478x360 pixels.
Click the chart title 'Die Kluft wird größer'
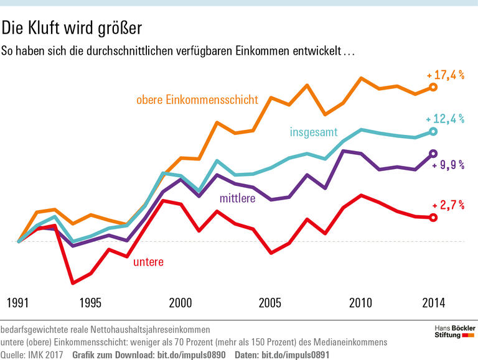(72, 28)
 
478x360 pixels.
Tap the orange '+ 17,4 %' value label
(446, 75)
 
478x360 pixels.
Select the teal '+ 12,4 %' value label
(446, 119)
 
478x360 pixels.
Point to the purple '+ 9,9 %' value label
(448, 165)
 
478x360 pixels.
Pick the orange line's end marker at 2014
(434, 88)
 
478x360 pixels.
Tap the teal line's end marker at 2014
(434, 131)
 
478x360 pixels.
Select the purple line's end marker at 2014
(434, 153)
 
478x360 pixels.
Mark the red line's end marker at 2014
(434, 217)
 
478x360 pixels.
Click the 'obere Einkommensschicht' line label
(197, 99)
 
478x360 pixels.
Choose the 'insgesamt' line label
(314, 132)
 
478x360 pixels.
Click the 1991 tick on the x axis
(19, 303)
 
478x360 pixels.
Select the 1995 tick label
(90, 303)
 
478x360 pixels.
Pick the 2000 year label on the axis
(180, 303)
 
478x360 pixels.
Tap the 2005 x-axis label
(271, 303)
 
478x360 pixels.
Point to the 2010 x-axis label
(361, 303)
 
